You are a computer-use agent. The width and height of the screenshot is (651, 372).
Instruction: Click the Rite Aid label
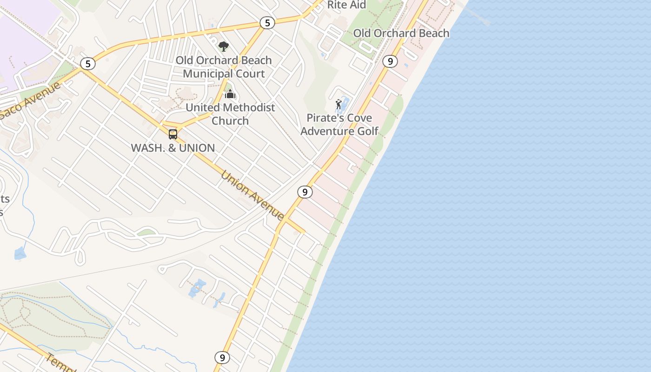[347, 5]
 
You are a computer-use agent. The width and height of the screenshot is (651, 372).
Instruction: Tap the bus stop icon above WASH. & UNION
[173, 134]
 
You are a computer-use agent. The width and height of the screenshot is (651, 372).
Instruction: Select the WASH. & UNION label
[173, 148]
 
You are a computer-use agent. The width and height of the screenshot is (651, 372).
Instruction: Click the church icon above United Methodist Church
[230, 94]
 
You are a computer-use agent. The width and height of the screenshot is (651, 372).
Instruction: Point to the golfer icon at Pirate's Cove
[339, 104]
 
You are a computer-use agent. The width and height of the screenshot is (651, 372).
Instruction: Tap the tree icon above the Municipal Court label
[224, 46]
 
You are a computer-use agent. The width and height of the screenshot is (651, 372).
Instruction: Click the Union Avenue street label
[252, 195]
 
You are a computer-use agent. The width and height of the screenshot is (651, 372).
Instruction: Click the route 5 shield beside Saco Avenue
[87, 64]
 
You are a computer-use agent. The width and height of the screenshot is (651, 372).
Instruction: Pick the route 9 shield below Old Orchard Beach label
[390, 61]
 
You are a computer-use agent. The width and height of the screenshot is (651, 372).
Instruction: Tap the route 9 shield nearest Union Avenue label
[305, 192]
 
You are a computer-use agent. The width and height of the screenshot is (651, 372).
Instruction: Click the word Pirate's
[324, 118]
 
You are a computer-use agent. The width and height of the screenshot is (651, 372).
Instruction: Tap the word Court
[250, 73]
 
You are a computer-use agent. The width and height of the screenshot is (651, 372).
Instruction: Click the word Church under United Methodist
[230, 121]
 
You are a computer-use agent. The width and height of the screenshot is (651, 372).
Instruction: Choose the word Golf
[368, 131]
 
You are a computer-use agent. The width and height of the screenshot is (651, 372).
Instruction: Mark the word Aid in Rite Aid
[358, 5]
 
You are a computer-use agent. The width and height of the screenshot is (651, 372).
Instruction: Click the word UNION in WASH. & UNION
[197, 148]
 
